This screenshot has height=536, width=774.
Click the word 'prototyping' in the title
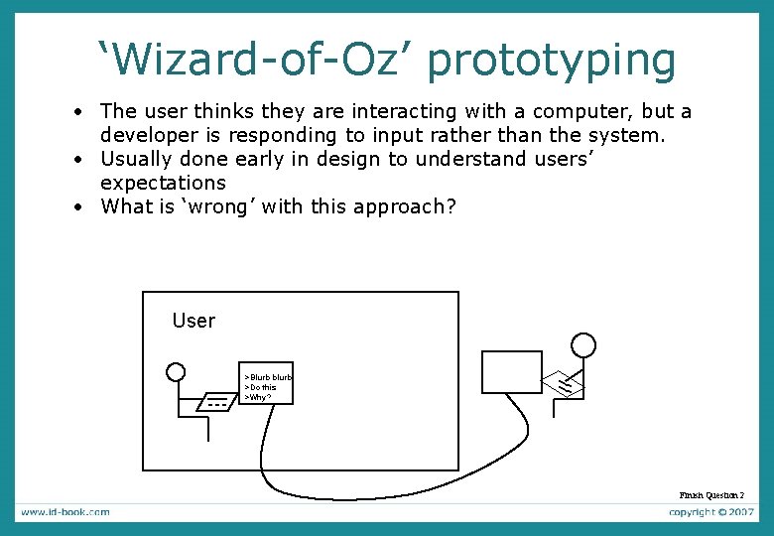(554, 62)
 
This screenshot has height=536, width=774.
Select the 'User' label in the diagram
(193, 321)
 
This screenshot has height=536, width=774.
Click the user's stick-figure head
(176, 372)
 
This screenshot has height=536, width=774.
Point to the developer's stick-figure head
(584, 344)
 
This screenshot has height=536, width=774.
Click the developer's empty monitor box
(512, 372)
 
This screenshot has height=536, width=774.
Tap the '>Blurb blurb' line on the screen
(268, 377)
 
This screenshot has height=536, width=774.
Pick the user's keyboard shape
(216, 402)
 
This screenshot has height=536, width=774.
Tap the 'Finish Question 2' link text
(711, 494)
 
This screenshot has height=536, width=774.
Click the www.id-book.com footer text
(65, 512)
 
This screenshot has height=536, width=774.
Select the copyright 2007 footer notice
(711, 512)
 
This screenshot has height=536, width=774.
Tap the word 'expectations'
(163, 183)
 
